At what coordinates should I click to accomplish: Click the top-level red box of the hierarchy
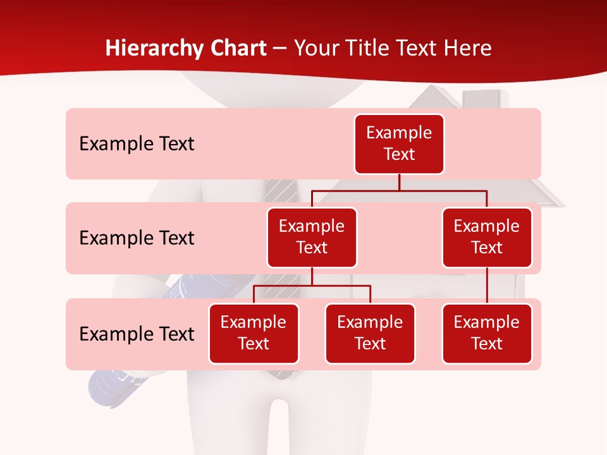pos(399,143)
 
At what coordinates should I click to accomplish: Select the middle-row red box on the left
pos(312,237)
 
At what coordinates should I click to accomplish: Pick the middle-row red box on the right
pos(487,237)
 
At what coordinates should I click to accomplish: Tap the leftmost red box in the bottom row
pos(254,333)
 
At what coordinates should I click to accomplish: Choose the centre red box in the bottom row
pos(370,333)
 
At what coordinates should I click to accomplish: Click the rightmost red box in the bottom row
pos(487,333)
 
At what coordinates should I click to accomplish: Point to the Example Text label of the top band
pos(137,144)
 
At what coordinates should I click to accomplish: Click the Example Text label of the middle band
pos(137,238)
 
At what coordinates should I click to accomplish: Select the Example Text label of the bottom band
pos(137,334)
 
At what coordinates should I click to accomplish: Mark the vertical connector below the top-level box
pos(399,182)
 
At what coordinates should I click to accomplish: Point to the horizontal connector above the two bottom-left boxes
pos(312,286)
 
